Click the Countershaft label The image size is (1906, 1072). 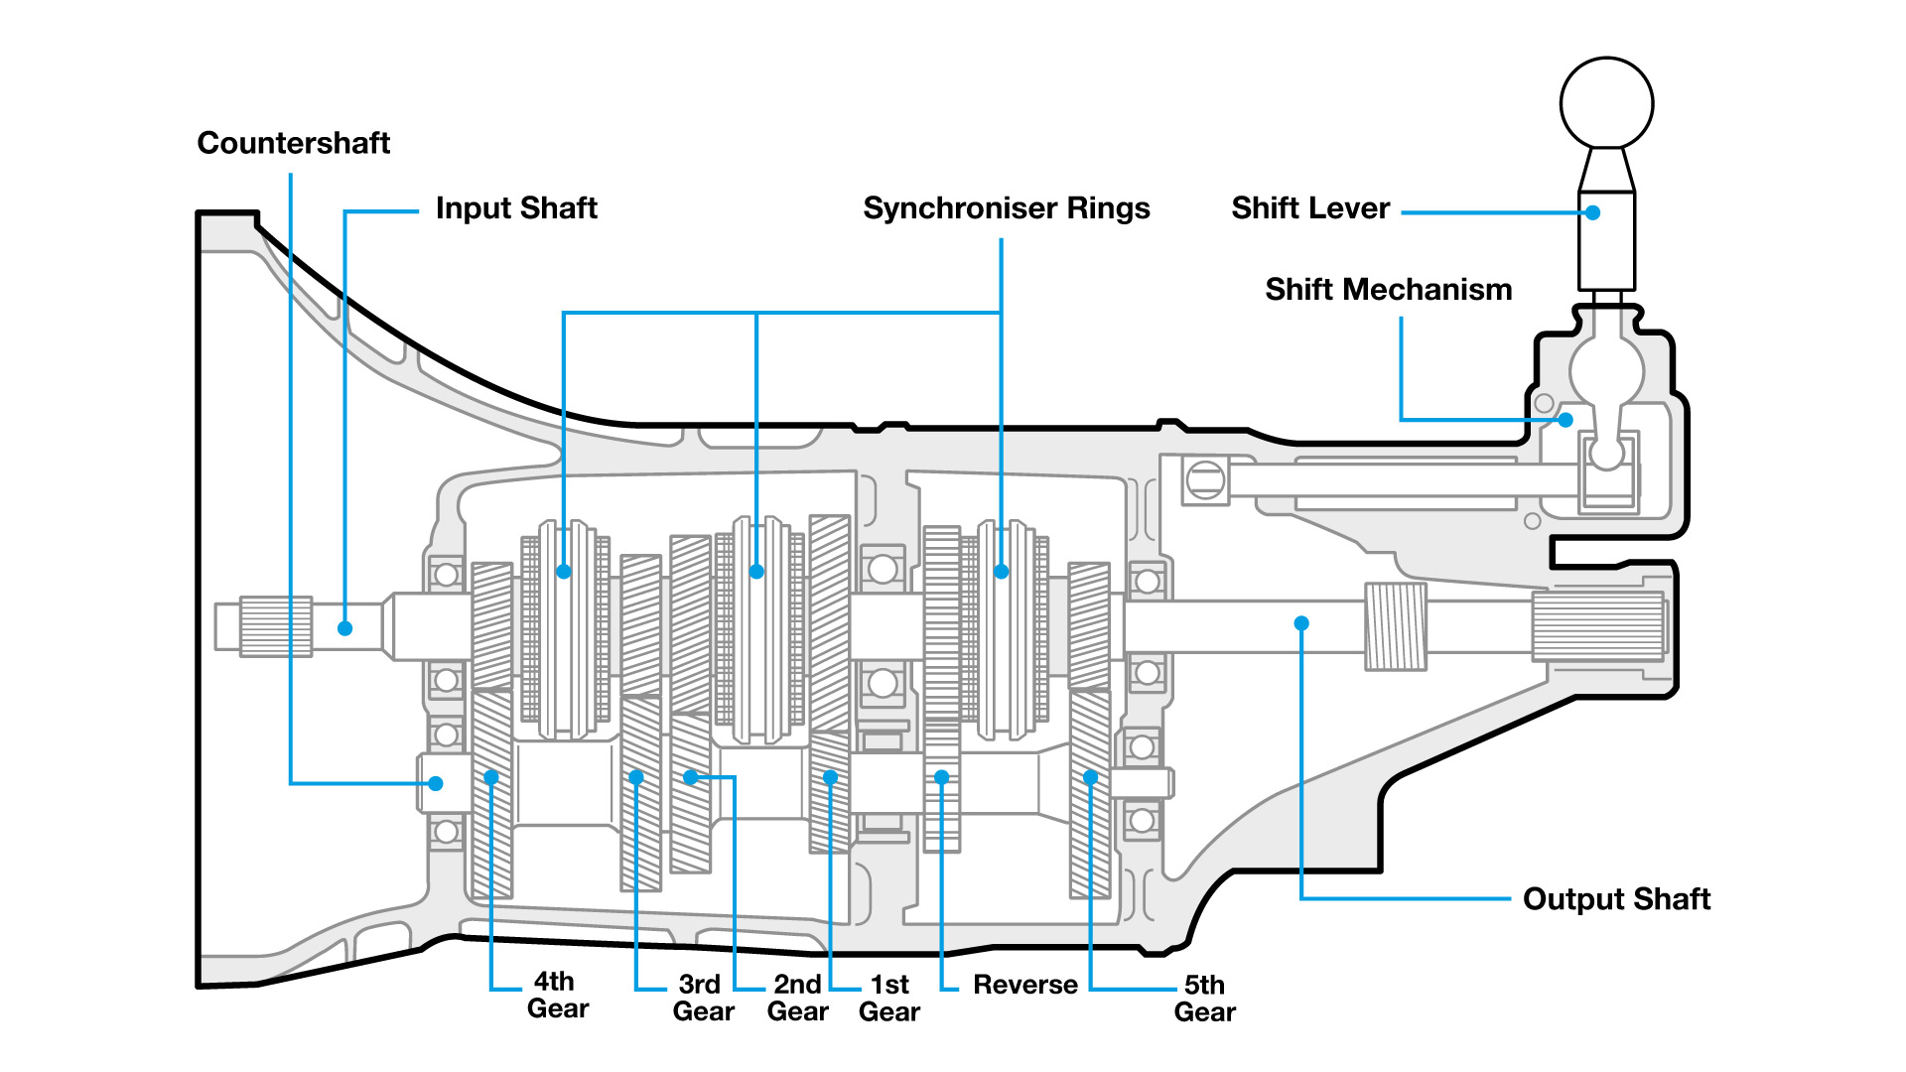(294, 143)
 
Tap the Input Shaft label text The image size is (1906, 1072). (516, 208)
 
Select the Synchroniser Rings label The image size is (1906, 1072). (1006, 208)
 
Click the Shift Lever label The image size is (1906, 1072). (1310, 208)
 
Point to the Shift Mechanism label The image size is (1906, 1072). (1388, 290)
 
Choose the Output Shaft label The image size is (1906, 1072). (1616, 899)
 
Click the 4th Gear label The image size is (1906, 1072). (558, 995)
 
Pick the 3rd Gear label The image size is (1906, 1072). (703, 998)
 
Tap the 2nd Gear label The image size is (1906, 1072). (797, 998)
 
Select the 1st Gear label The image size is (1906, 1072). (889, 998)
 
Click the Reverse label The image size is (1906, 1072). (1024, 985)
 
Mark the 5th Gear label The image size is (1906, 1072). (1204, 999)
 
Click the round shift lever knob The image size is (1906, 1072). (1606, 103)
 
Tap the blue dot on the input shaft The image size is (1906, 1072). (344, 628)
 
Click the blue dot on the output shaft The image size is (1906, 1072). (1301, 623)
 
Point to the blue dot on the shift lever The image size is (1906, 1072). (1592, 212)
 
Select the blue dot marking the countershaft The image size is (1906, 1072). (436, 783)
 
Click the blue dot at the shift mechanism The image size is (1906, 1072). (1566, 420)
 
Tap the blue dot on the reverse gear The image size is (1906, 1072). (941, 777)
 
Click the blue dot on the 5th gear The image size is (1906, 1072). (1090, 777)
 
